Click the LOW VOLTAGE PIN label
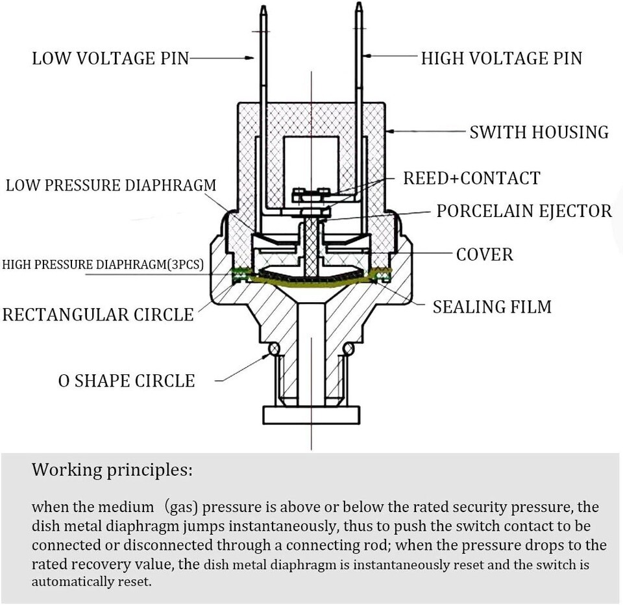pyautogui.click(x=110, y=58)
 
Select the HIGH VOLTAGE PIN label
pyautogui.click(x=502, y=58)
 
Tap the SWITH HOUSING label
pyautogui.click(x=539, y=133)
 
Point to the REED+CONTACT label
pyautogui.click(x=471, y=178)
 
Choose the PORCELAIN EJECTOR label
pyautogui.click(x=524, y=211)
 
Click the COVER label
pyautogui.click(x=484, y=254)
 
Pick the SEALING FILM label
pyautogui.click(x=492, y=306)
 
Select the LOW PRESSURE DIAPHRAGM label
pyautogui.click(x=111, y=185)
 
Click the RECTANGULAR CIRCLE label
pyautogui.click(x=98, y=315)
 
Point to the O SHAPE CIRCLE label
pyautogui.click(x=127, y=380)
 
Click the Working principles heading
pyautogui.click(x=112, y=469)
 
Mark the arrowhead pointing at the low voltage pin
pyautogui.click(x=250, y=58)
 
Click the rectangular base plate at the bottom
pyautogui.click(x=311, y=414)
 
